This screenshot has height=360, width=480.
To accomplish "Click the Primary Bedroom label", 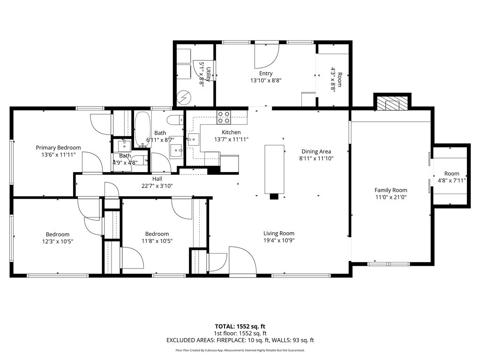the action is coord(58,148).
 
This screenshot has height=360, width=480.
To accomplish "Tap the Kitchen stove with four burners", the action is coord(224,118).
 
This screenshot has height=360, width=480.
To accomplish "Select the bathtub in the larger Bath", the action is coord(142,129).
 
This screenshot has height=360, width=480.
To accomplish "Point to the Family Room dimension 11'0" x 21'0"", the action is coord(391,197).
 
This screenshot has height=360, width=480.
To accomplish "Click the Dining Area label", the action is coord(316,151).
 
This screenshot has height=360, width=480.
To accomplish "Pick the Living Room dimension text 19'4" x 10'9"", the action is coord(279,240).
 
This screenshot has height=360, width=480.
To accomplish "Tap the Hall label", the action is coord(157,179).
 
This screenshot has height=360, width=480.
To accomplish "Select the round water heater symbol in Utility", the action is coord(185,97).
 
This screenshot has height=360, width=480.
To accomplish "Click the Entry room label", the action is coord(266,74).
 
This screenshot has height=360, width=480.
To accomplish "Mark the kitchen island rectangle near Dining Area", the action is coord(274,169).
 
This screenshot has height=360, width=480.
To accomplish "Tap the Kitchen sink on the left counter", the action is coord(194,140).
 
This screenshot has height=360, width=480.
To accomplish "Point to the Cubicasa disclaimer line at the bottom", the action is coord(240,350).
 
